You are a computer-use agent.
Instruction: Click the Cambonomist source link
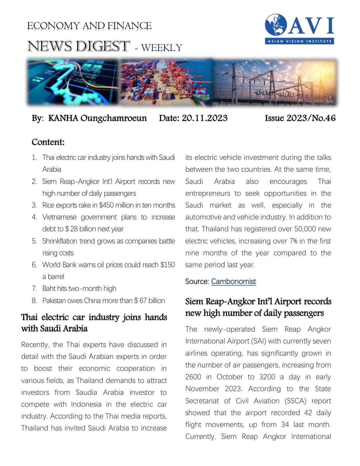[233, 282]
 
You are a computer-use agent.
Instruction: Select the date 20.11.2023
[204, 118]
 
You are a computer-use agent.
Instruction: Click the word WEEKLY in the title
[161, 48]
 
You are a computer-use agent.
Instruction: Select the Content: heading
[48, 142]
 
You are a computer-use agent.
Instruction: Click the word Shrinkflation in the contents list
[60, 241]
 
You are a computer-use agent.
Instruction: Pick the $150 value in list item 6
[168, 265]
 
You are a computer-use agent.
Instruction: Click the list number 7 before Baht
[34, 289]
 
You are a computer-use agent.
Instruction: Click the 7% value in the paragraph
[293, 241]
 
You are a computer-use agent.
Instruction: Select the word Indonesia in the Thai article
[86, 404]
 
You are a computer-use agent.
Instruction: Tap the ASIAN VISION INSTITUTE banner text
[299, 41]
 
